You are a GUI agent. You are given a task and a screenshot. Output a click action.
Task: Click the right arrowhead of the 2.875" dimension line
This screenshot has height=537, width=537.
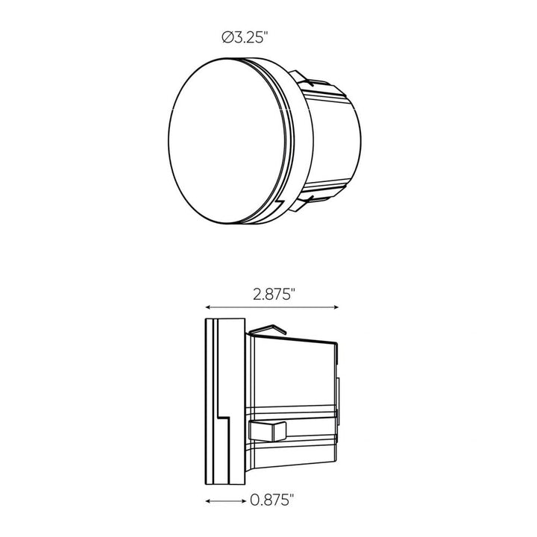click(337, 307)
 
